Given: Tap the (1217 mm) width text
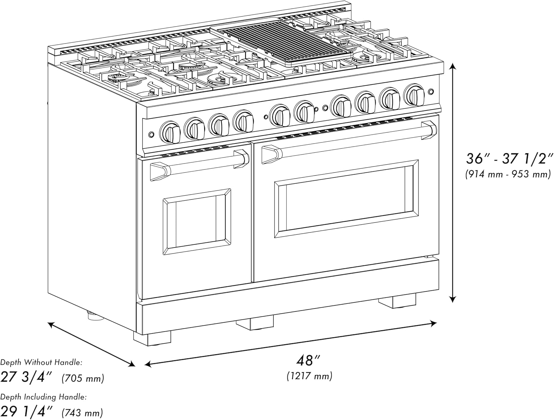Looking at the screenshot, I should click(310, 376).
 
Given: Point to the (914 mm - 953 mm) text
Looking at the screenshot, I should click(508, 174).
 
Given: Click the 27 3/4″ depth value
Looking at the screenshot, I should click(28, 377).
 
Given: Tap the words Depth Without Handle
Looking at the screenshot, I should click(41, 362).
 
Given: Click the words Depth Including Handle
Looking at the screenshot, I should click(43, 397).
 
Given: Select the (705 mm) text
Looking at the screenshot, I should click(83, 378).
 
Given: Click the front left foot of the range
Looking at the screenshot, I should click(152, 338).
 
